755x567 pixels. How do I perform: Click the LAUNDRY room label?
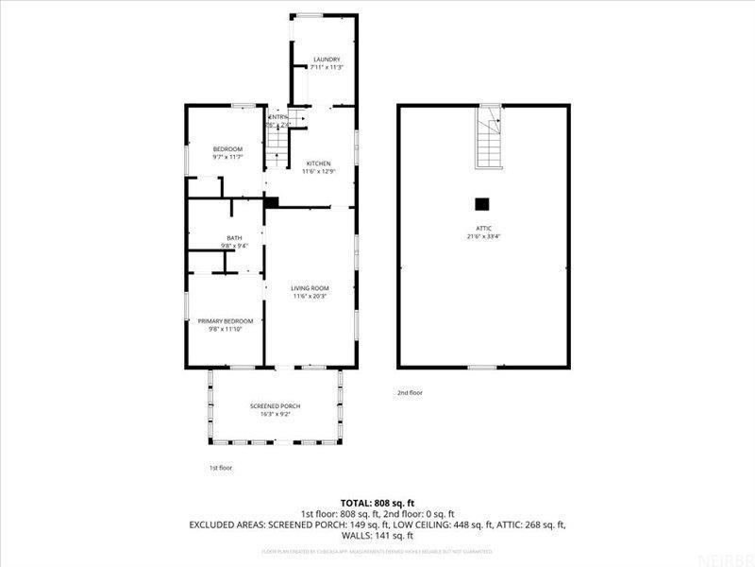(327, 60)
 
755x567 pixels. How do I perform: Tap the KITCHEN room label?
(318, 163)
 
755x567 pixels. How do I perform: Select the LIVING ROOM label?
(310, 288)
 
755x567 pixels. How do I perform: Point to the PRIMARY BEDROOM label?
(225, 321)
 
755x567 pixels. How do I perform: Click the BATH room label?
(234, 238)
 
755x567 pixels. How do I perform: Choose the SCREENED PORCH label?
(276, 406)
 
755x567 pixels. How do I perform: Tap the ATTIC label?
(483, 228)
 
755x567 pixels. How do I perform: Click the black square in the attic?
(482, 202)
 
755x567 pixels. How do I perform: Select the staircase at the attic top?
(489, 139)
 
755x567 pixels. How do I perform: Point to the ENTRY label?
(277, 117)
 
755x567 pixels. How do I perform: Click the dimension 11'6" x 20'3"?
(310, 297)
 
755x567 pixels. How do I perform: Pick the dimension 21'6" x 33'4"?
(483, 236)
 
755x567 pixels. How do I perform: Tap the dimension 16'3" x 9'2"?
(276, 414)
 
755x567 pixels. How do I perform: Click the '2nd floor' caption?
(410, 392)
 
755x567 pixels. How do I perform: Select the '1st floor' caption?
(220, 468)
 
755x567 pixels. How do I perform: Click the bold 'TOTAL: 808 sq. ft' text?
(377, 503)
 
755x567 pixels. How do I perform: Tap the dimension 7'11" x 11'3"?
(327, 67)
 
